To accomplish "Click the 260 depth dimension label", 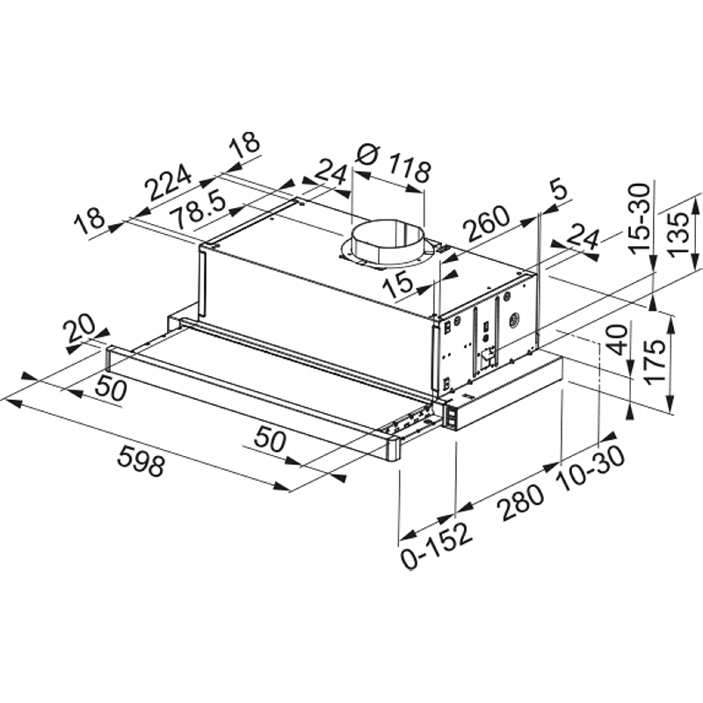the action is tap(487, 223).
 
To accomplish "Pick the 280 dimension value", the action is tap(521, 502).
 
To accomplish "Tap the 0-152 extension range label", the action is tap(437, 545).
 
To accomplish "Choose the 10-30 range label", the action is tap(590, 467).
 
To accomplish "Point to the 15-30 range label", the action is tap(639, 219).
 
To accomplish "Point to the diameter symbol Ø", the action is tap(368, 155).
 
